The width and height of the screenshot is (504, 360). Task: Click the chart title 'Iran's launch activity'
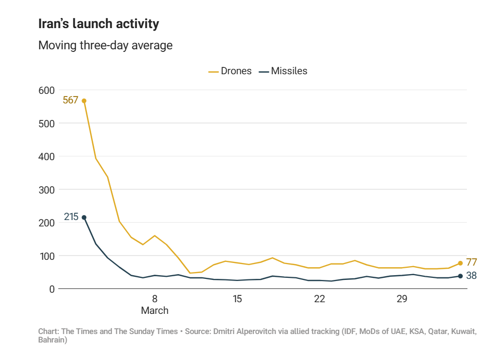coord(99,24)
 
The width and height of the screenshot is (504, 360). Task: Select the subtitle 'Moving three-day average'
coord(105,45)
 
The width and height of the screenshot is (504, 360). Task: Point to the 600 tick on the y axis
coord(47,90)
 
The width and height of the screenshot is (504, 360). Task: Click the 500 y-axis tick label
coord(47,124)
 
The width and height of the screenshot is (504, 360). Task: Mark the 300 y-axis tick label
coord(47,190)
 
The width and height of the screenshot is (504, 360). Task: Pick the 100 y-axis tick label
coord(47,256)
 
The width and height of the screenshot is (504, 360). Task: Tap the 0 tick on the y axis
coord(52,289)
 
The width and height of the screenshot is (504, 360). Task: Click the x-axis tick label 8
coord(155,299)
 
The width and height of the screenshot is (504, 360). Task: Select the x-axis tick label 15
coord(237,299)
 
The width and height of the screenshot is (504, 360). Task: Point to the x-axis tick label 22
coord(319,299)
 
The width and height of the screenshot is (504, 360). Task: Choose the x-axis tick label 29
coord(402,299)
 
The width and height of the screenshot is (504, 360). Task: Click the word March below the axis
coord(155,311)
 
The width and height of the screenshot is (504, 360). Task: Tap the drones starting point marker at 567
coord(84,101)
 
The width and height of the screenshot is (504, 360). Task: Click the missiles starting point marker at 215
coord(84,217)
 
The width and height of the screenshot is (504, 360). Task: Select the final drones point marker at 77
coord(460,263)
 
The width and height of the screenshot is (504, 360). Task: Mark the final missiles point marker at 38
coord(460,276)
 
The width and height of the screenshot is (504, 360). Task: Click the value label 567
coord(70,100)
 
